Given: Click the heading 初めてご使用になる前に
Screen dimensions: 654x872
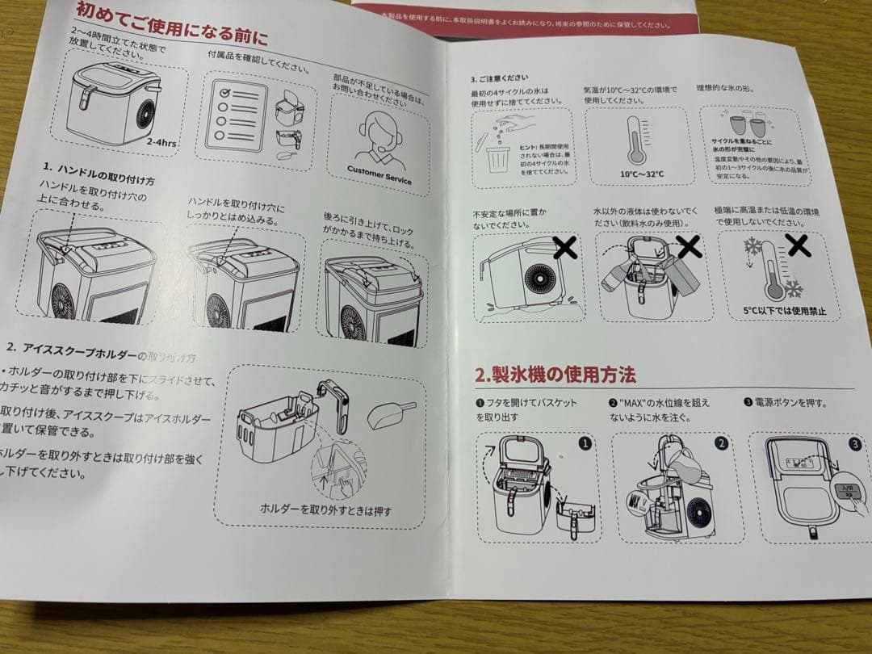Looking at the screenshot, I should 170,23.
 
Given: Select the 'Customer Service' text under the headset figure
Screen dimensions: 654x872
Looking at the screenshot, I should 379,174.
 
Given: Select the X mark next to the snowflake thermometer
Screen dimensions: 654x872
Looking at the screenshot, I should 798,245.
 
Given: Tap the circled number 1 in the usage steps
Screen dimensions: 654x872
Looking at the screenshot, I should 585,443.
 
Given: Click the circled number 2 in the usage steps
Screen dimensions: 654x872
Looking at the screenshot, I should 721,443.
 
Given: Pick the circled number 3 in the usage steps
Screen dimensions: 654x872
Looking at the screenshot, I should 854,443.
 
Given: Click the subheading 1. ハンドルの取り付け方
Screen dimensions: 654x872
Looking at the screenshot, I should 99,170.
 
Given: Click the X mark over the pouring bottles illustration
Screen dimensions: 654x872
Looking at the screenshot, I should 688,245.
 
